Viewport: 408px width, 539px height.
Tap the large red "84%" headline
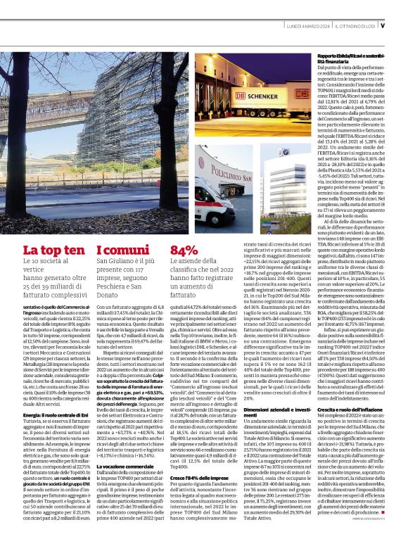[x=184, y=250]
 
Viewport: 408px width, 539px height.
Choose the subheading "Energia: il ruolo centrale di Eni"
[x=51, y=435]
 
